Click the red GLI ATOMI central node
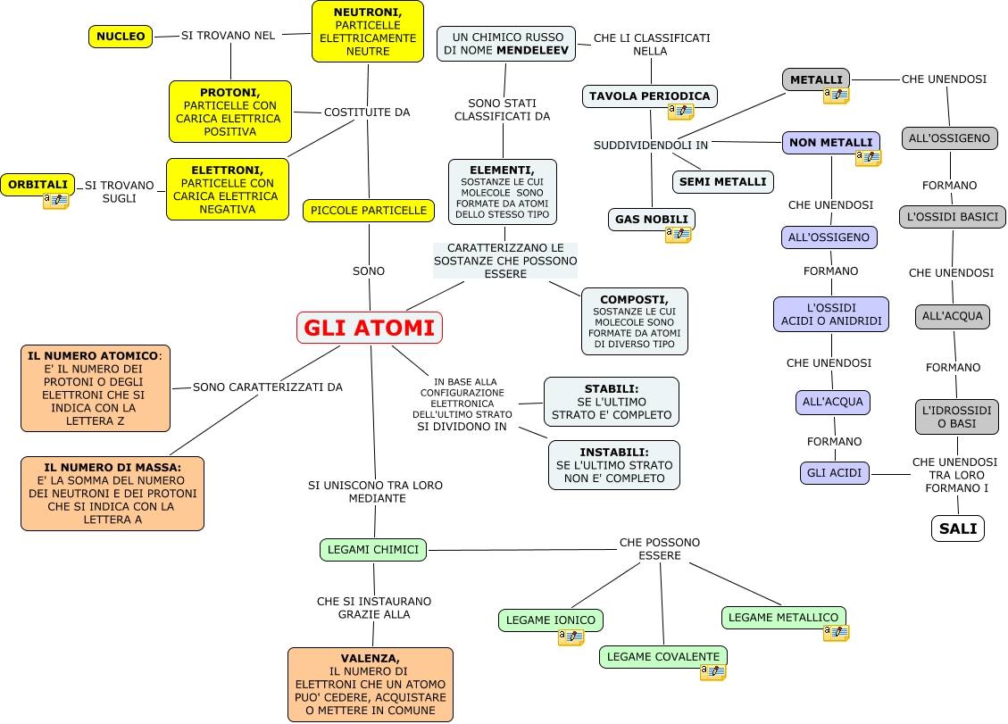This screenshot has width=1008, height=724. click(x=370, y=328)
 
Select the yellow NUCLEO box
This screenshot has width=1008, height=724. click(x=121, y=37)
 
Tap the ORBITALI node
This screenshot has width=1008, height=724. click(x=37, y=185)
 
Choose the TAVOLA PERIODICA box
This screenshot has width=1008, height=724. click(x=649, y=96)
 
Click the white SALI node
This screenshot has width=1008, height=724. click(x=958, y=528)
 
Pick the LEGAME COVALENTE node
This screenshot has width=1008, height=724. click(x=662, y=657)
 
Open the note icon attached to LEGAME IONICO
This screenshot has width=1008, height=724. click(x=571, y=637)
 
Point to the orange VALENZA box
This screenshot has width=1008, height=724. click(x=370, y=684)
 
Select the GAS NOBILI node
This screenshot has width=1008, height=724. click(x=651, y=219)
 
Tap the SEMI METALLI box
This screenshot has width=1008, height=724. click(x=722, y=182)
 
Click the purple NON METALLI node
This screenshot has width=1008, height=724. click(x=830, y=143)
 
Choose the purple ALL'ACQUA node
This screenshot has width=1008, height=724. click(x=832, y=403)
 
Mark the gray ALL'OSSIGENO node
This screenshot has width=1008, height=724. click(x=949, y=138)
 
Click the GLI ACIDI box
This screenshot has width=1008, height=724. click(x=834, y=473)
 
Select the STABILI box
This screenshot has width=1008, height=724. click(x=611, y=402)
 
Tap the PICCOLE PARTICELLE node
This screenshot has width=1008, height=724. click(x=369, y=211)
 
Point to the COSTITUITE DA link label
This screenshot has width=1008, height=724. click(x=367, y=112)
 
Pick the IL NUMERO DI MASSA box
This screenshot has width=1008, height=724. click(x=112, y=493)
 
